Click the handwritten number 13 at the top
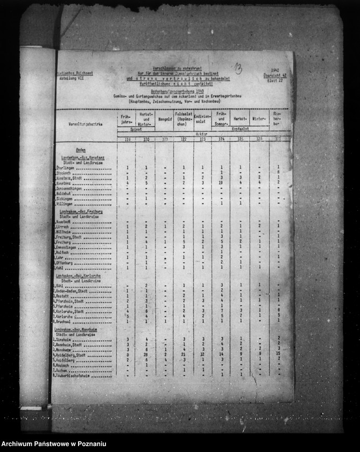point(237,68)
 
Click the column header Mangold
point(165,118)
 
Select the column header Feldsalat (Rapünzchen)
point(183,118)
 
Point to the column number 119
point(128,139)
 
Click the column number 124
point(221,139)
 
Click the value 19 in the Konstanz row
point(221,183)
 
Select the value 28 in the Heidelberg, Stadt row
point(145,355)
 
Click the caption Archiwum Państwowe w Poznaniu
point(54,443)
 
